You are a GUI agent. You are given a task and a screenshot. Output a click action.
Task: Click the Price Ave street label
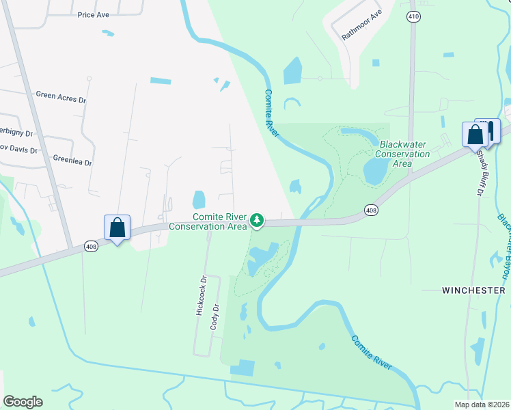94,14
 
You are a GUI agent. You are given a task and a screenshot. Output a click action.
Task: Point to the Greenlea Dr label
72,162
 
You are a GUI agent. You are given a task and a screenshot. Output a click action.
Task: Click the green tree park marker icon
257,220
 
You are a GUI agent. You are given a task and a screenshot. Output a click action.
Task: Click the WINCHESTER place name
473,290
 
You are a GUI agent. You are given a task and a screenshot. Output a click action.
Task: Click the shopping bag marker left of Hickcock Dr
117,227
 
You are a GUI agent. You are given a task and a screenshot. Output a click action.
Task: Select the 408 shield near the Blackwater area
370,210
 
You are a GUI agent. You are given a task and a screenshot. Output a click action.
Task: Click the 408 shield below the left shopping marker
91,246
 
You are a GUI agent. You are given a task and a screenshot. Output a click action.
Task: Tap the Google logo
23,402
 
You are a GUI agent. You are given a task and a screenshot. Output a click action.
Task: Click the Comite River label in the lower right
372,353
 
